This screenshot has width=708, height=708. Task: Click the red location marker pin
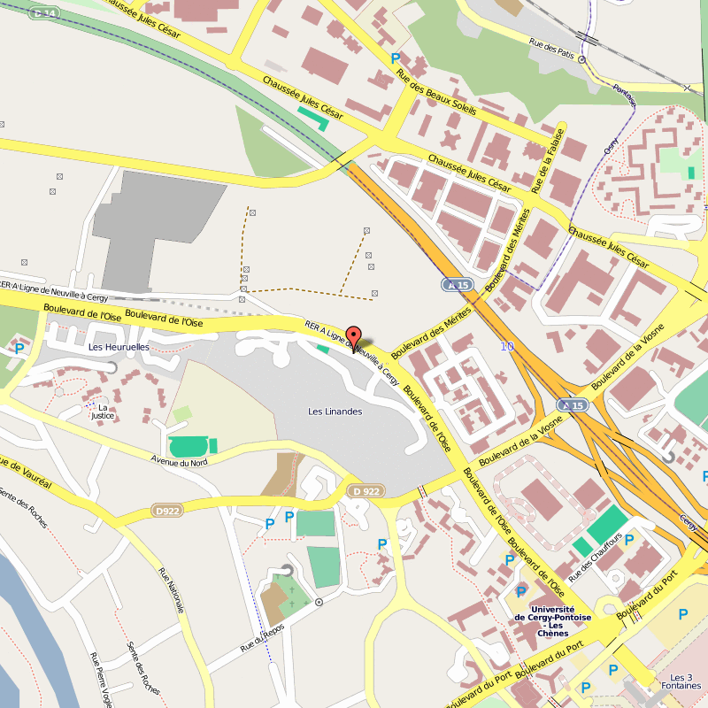point(353,337)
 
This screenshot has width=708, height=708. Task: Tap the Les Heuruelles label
point(119,348)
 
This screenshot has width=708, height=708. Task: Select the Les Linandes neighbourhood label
point(335,412)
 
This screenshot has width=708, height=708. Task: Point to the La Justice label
point(103,411)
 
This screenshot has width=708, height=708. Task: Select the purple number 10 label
point(506,346)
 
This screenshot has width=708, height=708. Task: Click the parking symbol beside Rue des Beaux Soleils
point(396,58)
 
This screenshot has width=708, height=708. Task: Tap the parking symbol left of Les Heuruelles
point(19,349)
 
